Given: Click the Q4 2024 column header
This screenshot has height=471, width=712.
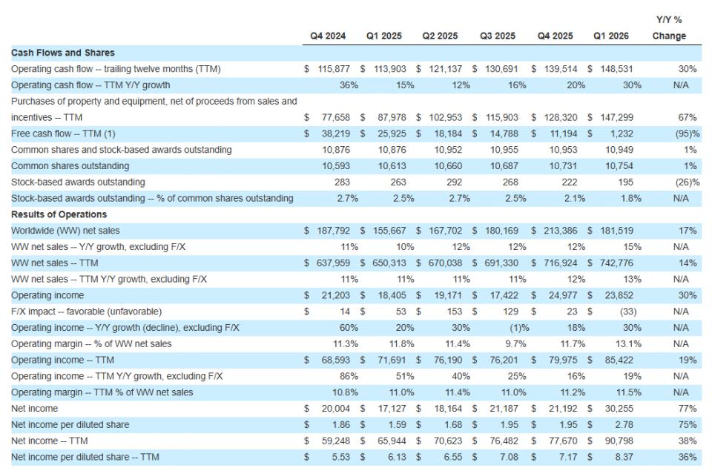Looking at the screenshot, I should point(327,36).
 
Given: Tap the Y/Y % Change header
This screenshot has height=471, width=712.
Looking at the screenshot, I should point(669,28).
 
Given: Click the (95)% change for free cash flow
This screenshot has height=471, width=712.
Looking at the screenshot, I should point(687,134).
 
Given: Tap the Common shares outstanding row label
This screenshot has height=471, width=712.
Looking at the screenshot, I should point(70,166).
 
